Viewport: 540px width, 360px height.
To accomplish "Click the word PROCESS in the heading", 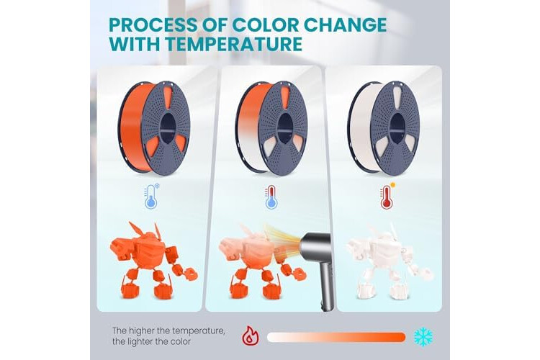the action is point(151,24).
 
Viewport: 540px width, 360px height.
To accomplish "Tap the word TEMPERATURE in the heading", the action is point(233,44).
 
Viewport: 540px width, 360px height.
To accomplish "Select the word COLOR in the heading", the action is point(262,24).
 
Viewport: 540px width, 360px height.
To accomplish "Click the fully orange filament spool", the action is point(154,128).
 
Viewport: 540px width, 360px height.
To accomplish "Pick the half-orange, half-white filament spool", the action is point(271,128).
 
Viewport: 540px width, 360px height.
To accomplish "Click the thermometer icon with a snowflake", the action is point(152,197).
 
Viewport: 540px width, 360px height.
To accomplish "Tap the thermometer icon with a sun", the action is point(387,197).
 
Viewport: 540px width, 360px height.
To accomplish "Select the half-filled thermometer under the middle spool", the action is point(271,197).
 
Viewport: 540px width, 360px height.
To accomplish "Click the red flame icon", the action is point(251,336).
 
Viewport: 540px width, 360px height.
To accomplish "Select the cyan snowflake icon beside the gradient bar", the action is point(423,337).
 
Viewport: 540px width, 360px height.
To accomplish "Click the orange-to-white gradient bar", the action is point(336,337).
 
